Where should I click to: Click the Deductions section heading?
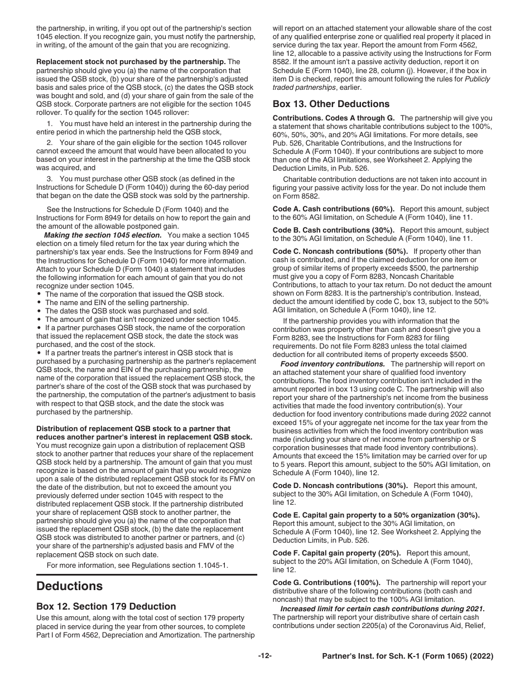[x=69, y=586]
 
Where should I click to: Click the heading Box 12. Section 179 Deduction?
[x=106, y=606]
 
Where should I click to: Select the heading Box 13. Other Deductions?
[x=331, y=104]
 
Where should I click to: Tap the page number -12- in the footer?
[x=264, y=656]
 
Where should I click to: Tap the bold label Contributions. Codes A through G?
[x=334, y=118]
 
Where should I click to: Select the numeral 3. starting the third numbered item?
[x=50, y=178]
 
